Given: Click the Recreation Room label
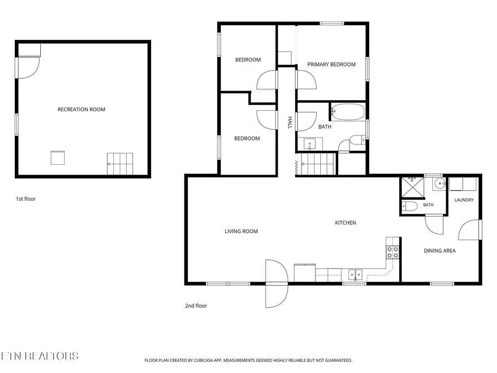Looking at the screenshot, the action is (x=82, y=110).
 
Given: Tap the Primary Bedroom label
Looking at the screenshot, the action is (x=331, y=64).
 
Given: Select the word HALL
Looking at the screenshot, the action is (x=290, y=123).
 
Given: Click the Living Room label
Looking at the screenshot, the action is (x=241, y=231).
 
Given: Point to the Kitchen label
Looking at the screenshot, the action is (x=345, y=223).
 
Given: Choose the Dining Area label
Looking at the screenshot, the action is (x=440, y=250).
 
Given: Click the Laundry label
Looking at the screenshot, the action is (x=464, y=200).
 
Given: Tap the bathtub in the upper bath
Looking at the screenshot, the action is (x=348, y=112).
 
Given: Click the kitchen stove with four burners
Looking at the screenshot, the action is (x=392, y=252).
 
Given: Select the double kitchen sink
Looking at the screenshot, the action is (x=355, y=275).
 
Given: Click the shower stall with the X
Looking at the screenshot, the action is (x=413, y=187).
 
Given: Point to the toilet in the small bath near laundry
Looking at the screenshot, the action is (x=410, y=206).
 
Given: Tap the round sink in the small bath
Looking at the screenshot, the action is (x=440, y=184).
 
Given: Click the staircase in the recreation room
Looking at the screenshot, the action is (x=120, y=164).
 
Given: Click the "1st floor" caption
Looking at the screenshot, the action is (x=26, y=199).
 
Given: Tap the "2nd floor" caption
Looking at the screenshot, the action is (x=196, y=306).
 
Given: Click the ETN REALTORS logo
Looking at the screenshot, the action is (x=39, y=356).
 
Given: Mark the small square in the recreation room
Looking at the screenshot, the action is (x=58, y=158).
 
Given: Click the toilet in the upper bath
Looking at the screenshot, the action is (x=357, y=140).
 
